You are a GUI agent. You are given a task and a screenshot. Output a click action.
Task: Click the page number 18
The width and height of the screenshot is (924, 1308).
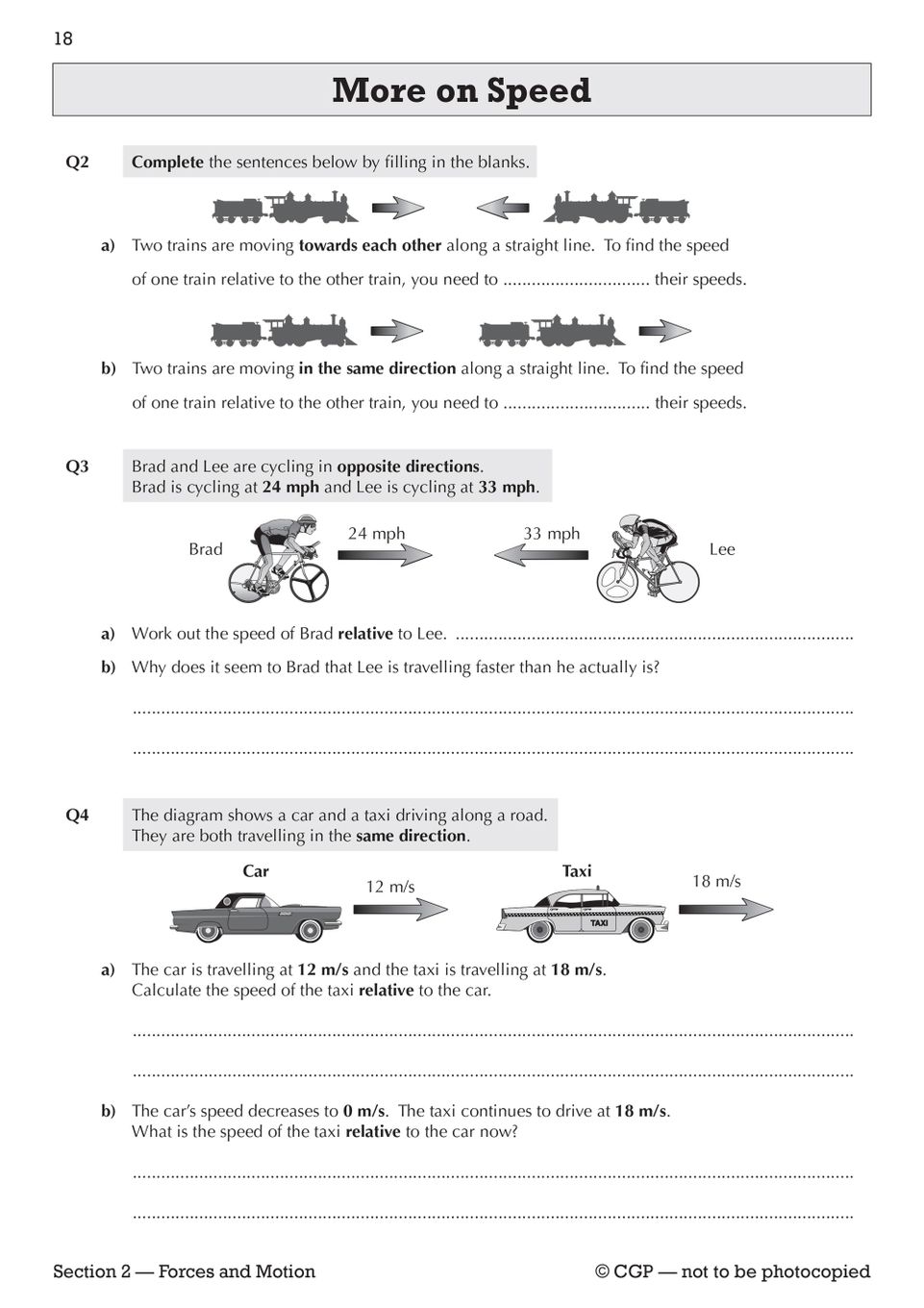[63, 38]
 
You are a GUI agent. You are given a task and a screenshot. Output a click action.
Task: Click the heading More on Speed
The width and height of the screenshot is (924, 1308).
[462, 90]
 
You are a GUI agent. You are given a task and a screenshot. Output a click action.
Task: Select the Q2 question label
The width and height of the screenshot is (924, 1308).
[77, 162]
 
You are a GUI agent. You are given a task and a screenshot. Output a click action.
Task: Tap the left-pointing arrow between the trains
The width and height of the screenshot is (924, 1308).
[503, 208]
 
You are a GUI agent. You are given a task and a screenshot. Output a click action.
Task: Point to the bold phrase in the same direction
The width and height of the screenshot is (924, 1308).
[377, 368]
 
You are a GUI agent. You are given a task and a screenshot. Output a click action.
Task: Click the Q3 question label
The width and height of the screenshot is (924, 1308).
[77, 466]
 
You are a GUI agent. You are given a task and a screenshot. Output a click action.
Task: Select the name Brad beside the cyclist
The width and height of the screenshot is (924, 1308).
[206, 549]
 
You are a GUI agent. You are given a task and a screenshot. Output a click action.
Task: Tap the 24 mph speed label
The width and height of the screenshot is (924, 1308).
[376, 534]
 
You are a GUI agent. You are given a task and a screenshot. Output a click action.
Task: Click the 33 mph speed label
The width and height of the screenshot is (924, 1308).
[552, 534]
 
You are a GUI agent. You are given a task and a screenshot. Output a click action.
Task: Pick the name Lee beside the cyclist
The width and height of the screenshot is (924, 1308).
[722, 549]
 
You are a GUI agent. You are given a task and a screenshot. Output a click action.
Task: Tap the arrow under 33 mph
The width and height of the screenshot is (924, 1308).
[540, 555]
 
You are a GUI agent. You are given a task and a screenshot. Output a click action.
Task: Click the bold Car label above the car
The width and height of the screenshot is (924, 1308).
[256, 871]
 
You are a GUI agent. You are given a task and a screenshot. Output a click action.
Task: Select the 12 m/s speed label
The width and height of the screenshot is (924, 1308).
[390, 887]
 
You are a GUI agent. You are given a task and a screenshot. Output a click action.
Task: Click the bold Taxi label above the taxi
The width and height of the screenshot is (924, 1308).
[577, 871]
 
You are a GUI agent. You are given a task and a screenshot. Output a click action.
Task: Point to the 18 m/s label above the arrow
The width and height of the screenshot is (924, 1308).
[716, 881]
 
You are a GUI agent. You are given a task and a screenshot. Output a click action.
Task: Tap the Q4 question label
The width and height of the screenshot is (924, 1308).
[77, 816]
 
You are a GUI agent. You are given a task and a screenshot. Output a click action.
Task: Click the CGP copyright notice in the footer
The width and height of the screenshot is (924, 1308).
[733, 1271]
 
